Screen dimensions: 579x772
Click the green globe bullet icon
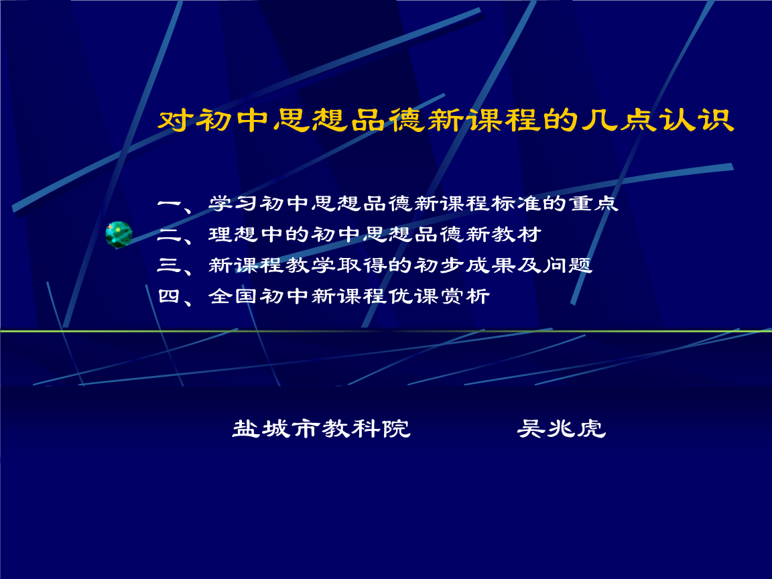click(119, 235)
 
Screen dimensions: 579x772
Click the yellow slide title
click(446, 121)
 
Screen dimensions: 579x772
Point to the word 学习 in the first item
click(234, 204)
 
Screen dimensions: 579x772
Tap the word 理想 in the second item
click(234, 235)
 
